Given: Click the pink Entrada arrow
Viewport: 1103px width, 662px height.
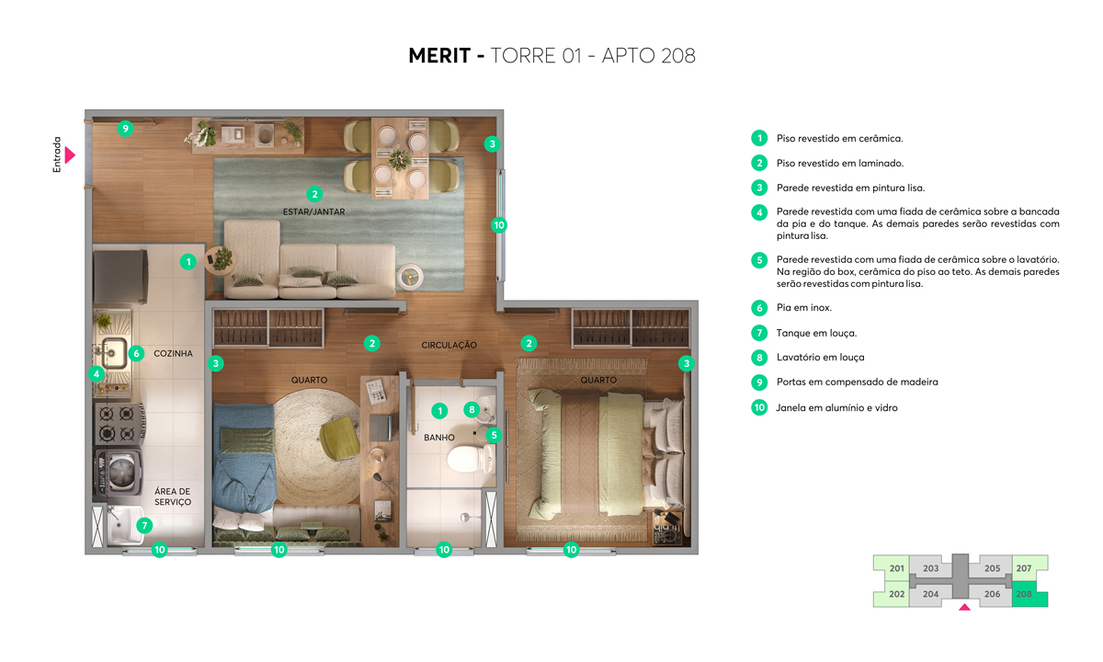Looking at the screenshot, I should click(x=69, y=154).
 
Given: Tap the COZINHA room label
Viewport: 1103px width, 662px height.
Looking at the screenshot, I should click(x=173, y=353).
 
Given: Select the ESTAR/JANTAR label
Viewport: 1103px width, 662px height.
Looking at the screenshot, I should click(x=314, y=211).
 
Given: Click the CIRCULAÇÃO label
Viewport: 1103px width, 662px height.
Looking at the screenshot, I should click(x=449, y=345).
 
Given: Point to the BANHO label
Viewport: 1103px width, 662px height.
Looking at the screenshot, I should click(x=439, y=438).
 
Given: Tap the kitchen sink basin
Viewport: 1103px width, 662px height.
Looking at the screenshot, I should click(x=114, y=351).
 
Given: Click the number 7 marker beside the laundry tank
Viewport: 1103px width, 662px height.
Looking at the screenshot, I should click(x=144, y=525).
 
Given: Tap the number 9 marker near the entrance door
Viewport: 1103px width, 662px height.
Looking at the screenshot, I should click(x=125, y=129).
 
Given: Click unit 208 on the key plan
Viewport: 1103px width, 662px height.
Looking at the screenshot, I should click(x=1024, y=594).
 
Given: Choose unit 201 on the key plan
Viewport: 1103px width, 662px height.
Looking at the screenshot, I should click(x=897, y=568).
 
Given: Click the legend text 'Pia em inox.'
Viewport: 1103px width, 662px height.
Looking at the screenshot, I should click(x=804, y=308).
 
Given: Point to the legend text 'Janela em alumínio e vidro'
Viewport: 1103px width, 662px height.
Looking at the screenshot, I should click(x=836, y=407).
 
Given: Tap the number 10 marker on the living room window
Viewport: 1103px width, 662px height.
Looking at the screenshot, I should click(x=499, y=224).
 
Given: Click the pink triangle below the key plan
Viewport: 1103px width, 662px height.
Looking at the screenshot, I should click(x=963, y=607).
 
